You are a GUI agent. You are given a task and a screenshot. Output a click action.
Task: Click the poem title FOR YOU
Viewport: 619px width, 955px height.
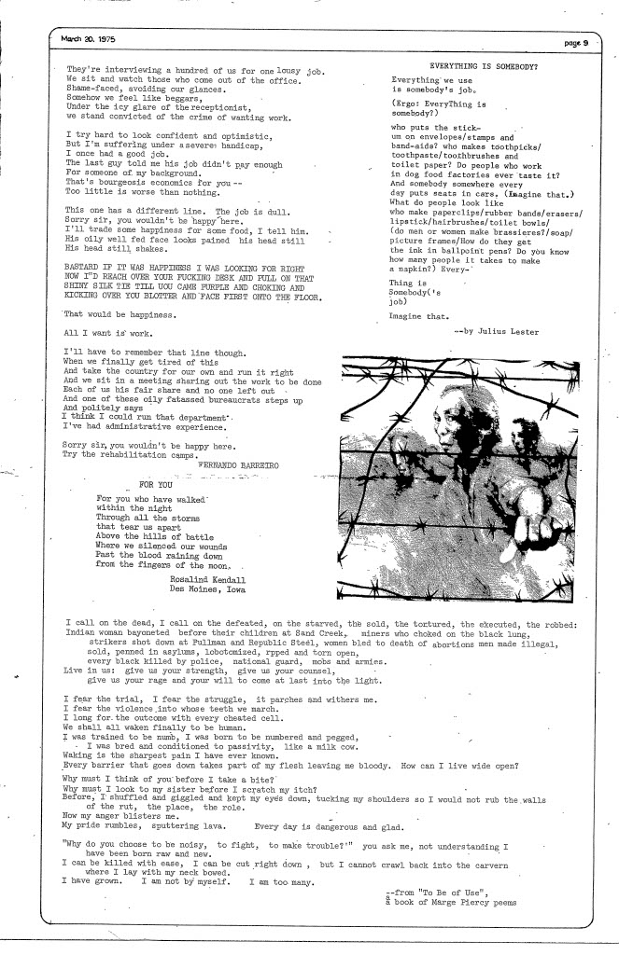159,485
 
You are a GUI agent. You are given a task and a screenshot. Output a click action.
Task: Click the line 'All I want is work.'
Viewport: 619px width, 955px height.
106,332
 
